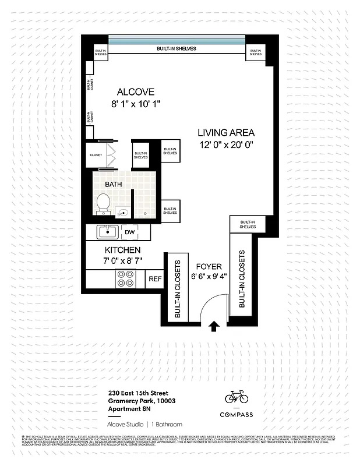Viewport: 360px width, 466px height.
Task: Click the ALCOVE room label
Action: coord(135,92)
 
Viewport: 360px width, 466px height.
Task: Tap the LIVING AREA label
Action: coord(225,133)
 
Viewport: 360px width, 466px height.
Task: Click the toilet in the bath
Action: coord(103,204)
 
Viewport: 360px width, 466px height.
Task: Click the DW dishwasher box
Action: coord(130,231)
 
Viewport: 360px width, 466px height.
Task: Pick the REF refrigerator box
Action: coord(155,279)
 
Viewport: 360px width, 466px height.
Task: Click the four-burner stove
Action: coord(125,278)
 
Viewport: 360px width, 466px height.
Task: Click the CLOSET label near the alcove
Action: coord(96,155)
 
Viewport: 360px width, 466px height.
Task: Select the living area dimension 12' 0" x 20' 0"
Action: coord(225,146)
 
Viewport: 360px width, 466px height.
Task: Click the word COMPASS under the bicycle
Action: coord(237,414)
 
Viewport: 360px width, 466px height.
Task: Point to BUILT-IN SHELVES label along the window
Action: coord(176,48)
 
